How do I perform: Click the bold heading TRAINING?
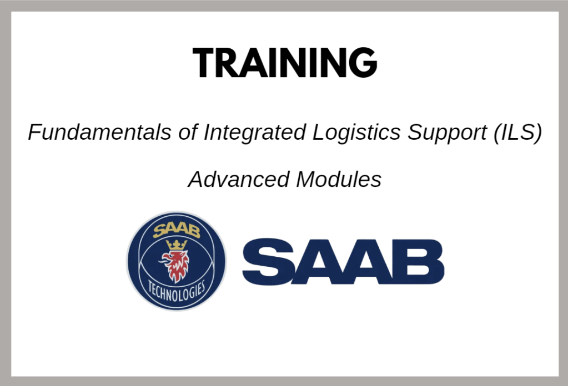285,62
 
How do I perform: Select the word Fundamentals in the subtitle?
99,132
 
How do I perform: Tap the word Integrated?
255,133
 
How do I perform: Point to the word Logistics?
356,133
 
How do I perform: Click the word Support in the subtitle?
447,133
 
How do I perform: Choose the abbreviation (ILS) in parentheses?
517,133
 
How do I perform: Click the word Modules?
339,179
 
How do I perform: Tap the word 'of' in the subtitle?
188,132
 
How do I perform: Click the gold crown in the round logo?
177,245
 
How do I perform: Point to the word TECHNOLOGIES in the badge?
177,291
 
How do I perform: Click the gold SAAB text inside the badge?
177,231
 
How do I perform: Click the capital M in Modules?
307,179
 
